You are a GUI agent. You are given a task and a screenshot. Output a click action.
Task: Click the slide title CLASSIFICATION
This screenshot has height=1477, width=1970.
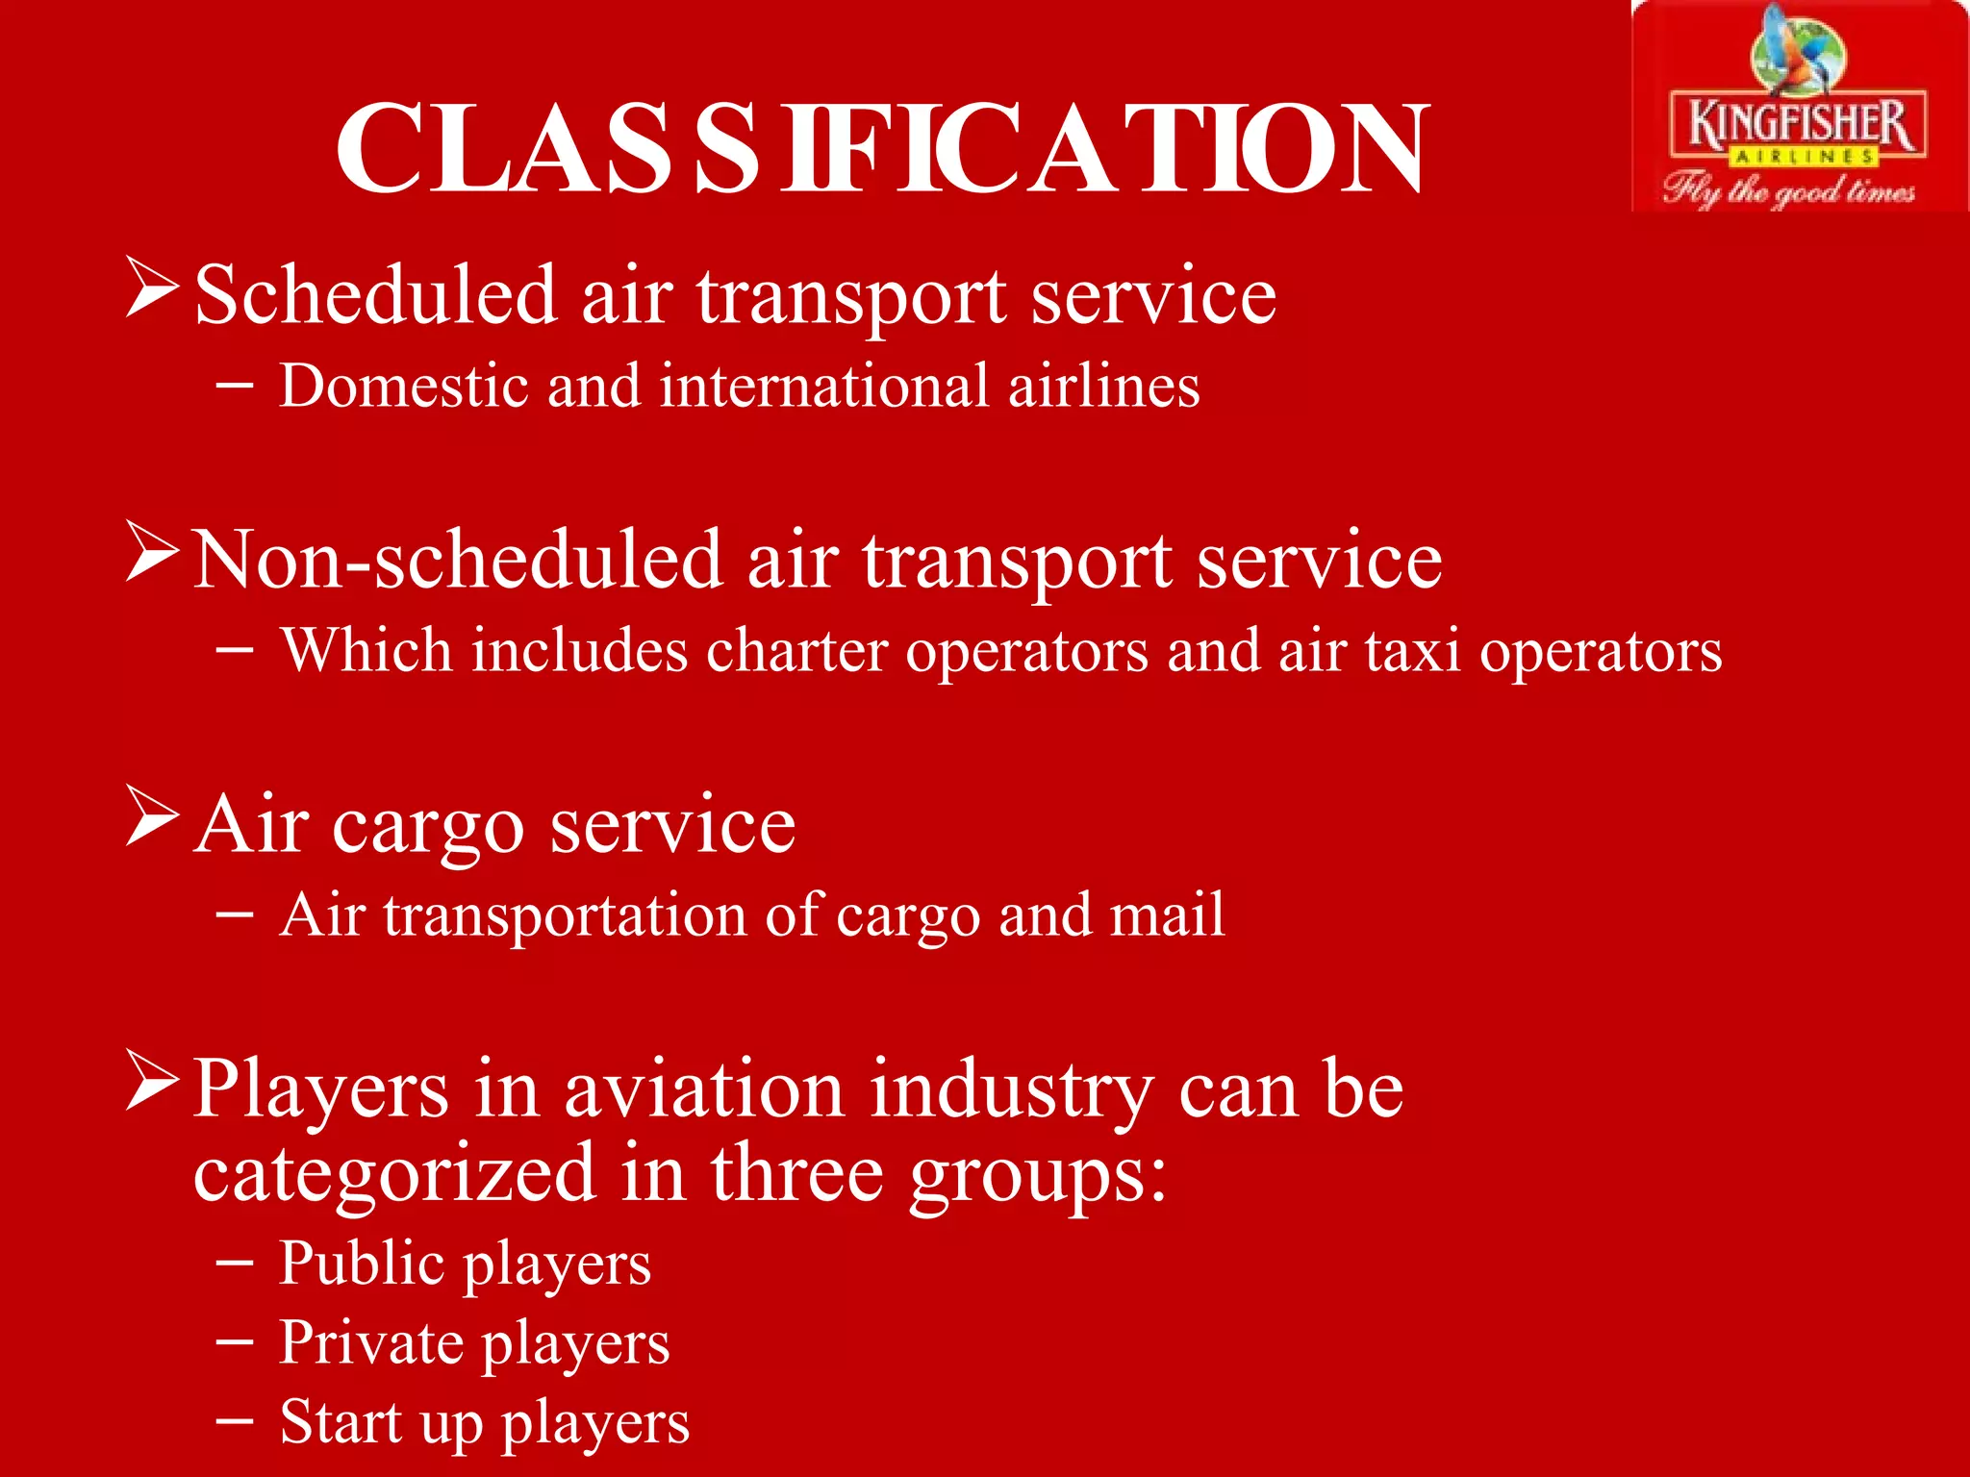881,149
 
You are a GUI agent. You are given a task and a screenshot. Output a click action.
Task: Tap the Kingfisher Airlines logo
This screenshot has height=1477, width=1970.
1797,108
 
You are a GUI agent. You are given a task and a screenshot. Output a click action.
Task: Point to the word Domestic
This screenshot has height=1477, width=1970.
404,386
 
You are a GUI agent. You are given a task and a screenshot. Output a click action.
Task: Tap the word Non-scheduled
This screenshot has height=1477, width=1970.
457,560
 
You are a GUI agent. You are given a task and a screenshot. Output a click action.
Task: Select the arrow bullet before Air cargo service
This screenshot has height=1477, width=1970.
153,816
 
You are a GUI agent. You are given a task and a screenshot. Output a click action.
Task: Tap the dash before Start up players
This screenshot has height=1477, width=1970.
235,1419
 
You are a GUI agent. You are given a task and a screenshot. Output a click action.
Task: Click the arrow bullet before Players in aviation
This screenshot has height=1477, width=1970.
153,1082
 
